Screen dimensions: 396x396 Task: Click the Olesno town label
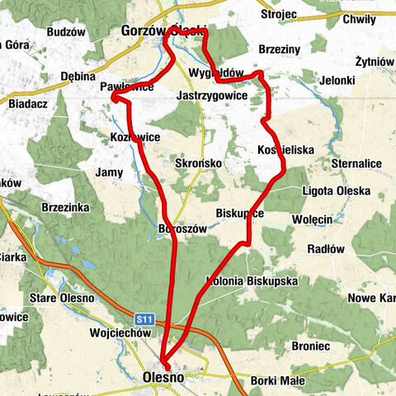pos(163,377)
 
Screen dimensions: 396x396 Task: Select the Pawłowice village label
pos(126,87)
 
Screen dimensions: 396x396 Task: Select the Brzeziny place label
pos(280,49)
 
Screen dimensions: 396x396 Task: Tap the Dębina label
pos(80,77)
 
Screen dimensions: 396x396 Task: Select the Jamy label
pos(109,172)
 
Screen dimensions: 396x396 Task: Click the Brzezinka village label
pos(64,208)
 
